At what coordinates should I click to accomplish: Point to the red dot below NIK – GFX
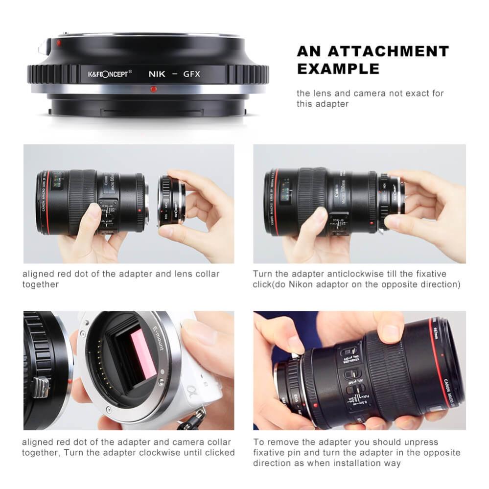point(154,89)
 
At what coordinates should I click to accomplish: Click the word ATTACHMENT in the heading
point(388,51)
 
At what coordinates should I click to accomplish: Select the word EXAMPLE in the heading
point(338,69)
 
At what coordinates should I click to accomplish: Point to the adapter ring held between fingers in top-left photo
point(171,201)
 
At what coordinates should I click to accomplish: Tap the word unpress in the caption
point(421,442)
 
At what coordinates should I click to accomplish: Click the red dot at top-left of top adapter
point(59,43)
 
